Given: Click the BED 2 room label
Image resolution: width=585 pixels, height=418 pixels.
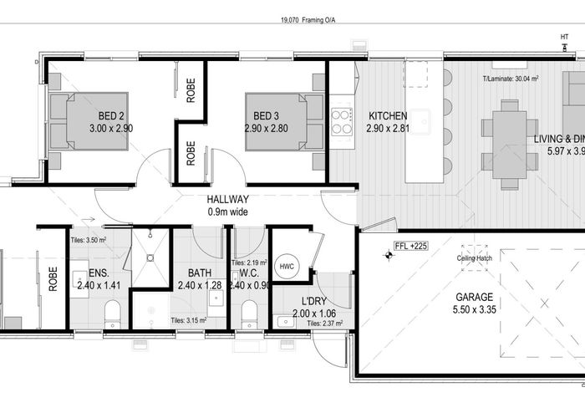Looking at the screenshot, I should tap(111, 115).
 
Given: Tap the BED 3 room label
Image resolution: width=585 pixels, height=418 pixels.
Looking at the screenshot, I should tap(265, 115).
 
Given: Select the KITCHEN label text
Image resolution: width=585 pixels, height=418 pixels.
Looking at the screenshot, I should tap(387, 116).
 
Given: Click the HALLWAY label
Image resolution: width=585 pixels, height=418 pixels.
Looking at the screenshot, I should tap(228, 200).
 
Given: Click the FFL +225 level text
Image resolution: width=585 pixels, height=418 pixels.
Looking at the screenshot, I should tap(412, 247).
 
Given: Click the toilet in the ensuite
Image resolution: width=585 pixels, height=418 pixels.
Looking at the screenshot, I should tap(111, 314).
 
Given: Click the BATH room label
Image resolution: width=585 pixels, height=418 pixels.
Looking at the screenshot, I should tap(200, 273).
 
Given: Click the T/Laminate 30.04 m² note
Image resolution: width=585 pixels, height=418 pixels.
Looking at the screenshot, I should tap(511, 80).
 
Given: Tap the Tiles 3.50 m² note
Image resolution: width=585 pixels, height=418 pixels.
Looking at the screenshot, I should tap(87, 240).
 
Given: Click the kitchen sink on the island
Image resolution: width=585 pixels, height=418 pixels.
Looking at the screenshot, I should tap(420, 119).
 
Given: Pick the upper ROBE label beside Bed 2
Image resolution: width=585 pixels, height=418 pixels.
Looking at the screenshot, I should tap(191, 90).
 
